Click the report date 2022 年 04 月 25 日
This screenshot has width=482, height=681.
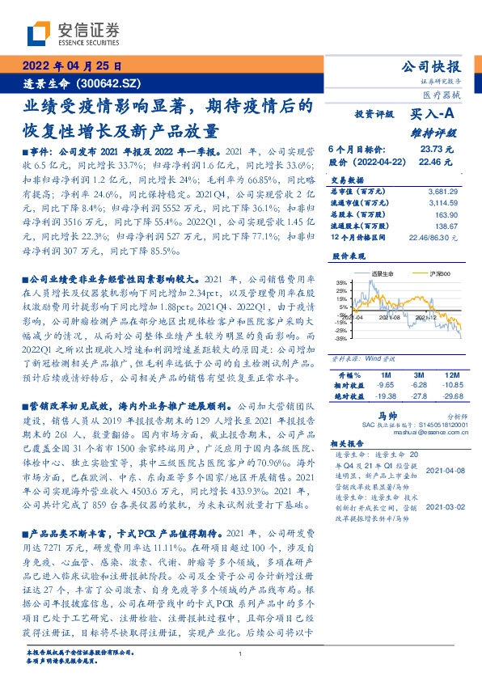(x=72, y=66)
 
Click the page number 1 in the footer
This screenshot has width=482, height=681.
(x=241, y=654)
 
